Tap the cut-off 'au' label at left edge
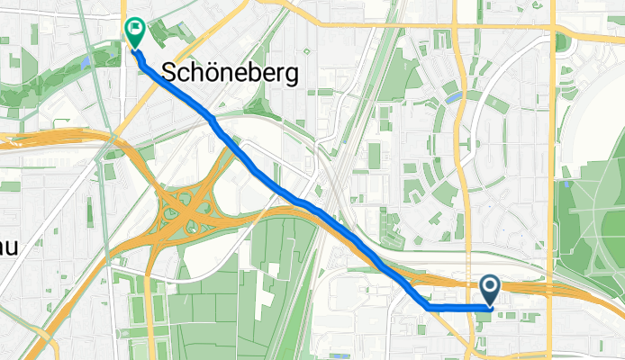tap(8, 246)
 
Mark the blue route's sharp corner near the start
tap(426, 307)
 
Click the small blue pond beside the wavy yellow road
tap(453, 95)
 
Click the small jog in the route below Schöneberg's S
tap(212, 117)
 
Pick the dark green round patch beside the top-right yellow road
tap(562, 42)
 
